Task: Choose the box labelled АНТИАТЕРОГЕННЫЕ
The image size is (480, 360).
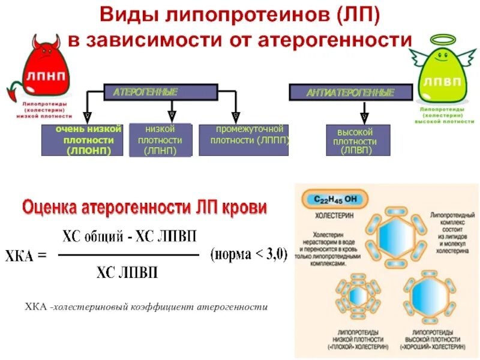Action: tap(350, 92)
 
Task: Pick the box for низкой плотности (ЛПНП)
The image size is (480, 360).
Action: tap(160, 140)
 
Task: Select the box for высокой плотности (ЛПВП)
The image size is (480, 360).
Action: tap(358, 140)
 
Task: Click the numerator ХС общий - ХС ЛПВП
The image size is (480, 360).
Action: tap(130, 236)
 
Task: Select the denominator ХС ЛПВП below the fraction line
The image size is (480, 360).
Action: tap(127, 273)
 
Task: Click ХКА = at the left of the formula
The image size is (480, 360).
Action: tap(26, 256)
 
